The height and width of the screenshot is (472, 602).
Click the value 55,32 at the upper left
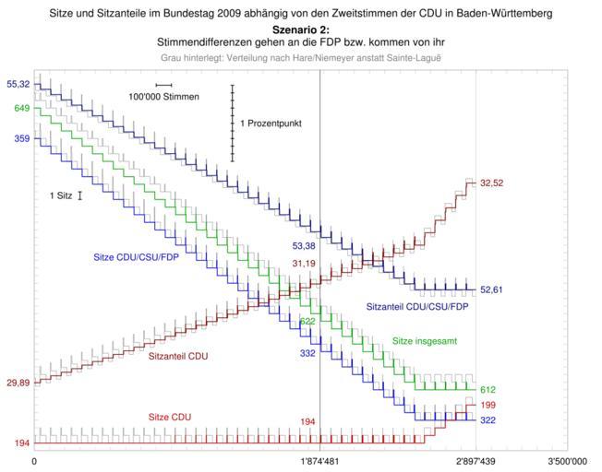point(17,85)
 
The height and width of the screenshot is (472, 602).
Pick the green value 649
point(21,109)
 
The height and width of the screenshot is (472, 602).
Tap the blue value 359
point(21,139)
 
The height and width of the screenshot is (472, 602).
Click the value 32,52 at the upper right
point(491,183)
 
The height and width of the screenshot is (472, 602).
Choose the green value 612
point(488,390)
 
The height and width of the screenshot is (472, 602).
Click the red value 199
point(488,405)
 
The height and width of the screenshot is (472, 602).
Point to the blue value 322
point(488,420)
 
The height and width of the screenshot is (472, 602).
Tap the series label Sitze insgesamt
point(426,340)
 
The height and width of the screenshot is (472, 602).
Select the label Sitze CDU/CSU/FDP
point(137,257)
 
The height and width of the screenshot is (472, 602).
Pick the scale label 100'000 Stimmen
point(163,97)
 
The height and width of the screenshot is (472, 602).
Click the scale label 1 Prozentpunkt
point(271,124)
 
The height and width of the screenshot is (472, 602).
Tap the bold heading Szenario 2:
point(300,30)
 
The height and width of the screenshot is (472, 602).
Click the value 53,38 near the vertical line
point(304,246)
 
